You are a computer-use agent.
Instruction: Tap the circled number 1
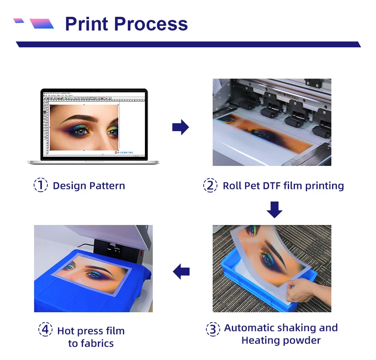coord(41,185)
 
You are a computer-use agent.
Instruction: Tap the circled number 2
coord(210,185)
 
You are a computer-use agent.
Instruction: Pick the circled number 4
coord(45,330)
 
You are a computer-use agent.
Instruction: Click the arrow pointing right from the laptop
coord(181,128)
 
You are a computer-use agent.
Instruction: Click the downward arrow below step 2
coord(274,209)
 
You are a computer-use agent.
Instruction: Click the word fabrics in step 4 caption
coord(91,344)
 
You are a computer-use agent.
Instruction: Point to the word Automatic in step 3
coord(250,328)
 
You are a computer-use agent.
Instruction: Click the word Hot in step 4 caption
coord(66,331)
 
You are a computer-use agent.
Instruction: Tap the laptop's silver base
coord(94,162)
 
